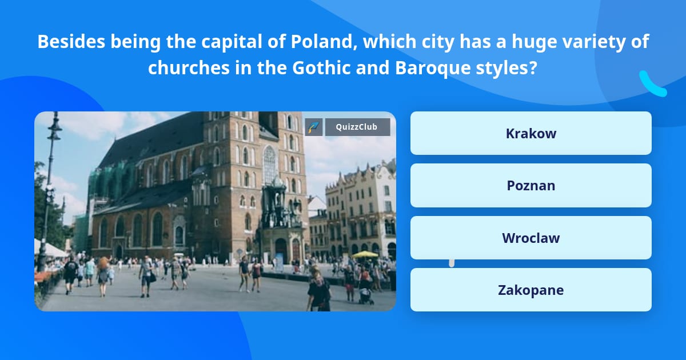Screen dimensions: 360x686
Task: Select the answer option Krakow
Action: (531, 133)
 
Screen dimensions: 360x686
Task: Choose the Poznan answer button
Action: (531, 186)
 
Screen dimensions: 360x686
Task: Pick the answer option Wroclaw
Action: (531, 238)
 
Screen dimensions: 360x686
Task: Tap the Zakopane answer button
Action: (531, 290)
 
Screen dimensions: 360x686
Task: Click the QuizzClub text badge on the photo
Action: (357, 127)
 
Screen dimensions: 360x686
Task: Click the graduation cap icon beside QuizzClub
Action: (314, 127)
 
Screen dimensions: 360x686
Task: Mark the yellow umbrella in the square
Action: (365, 254)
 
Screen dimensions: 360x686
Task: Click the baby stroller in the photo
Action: (365, 294)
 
